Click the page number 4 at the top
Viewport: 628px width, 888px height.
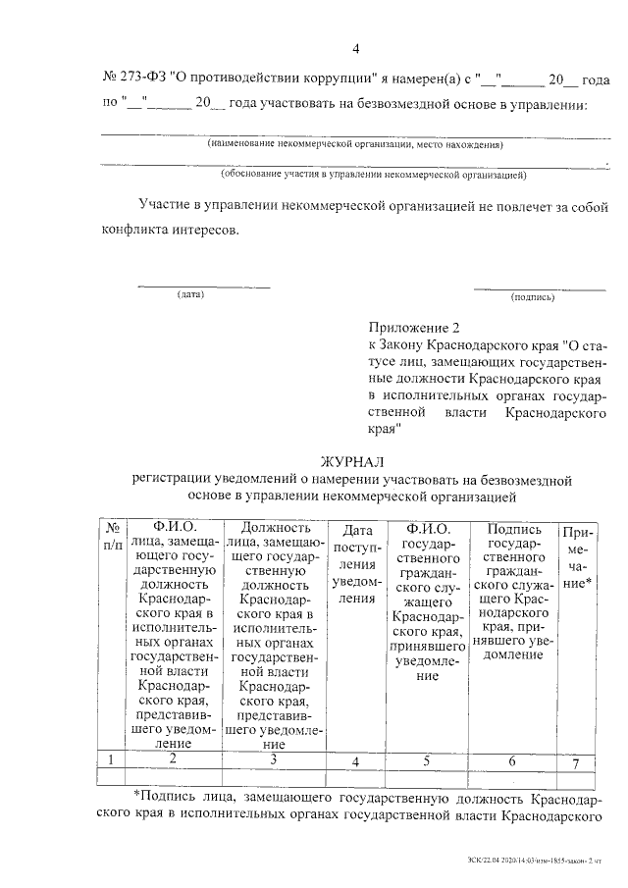[x=357, y=50]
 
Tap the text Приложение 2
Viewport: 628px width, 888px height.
[x=413, y=327]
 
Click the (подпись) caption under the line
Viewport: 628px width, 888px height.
[x=533, y=295]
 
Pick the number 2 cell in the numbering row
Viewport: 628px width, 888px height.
[x=174, y=758]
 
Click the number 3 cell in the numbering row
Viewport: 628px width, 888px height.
[x=274, y=758]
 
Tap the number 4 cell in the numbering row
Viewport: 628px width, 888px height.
[x=355, y=761]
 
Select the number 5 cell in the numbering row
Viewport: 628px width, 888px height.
[x=426, y=760]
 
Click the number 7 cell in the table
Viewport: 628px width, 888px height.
[x=576, y=762]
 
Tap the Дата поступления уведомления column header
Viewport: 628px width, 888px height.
[x=356, y=563]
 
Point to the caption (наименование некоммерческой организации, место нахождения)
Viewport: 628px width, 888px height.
[x=354, y=144]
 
